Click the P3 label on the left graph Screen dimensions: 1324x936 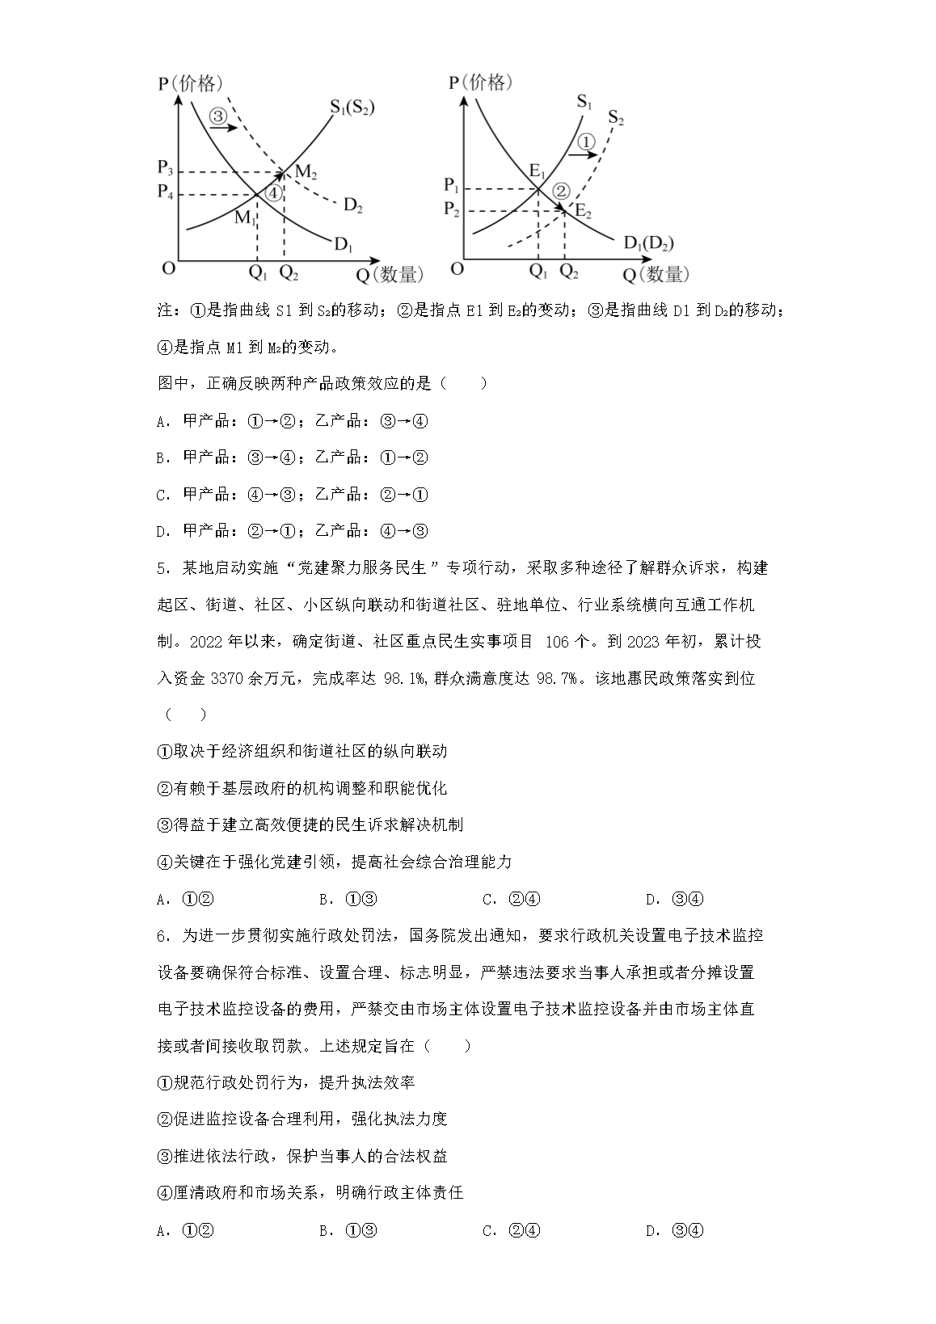[x=165, y=169]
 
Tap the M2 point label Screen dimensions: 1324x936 [x=306, y=171]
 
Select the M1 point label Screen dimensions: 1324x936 [x=245, y=217]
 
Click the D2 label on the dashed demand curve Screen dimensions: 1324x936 [x=352, y=205]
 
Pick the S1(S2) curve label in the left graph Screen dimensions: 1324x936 [x=352, y=107]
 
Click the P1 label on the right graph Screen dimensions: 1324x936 [x=453, y=186]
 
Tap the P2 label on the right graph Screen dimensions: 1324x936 [x=453, y=210]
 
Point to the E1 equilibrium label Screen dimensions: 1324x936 [x=538, y=170]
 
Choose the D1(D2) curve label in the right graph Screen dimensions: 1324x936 [x=648, y=242]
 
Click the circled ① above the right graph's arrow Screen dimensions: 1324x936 [x=588, y=142]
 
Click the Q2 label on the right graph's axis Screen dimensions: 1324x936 [x=569, y=273]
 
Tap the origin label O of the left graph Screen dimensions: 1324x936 [x=168, y=268]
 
